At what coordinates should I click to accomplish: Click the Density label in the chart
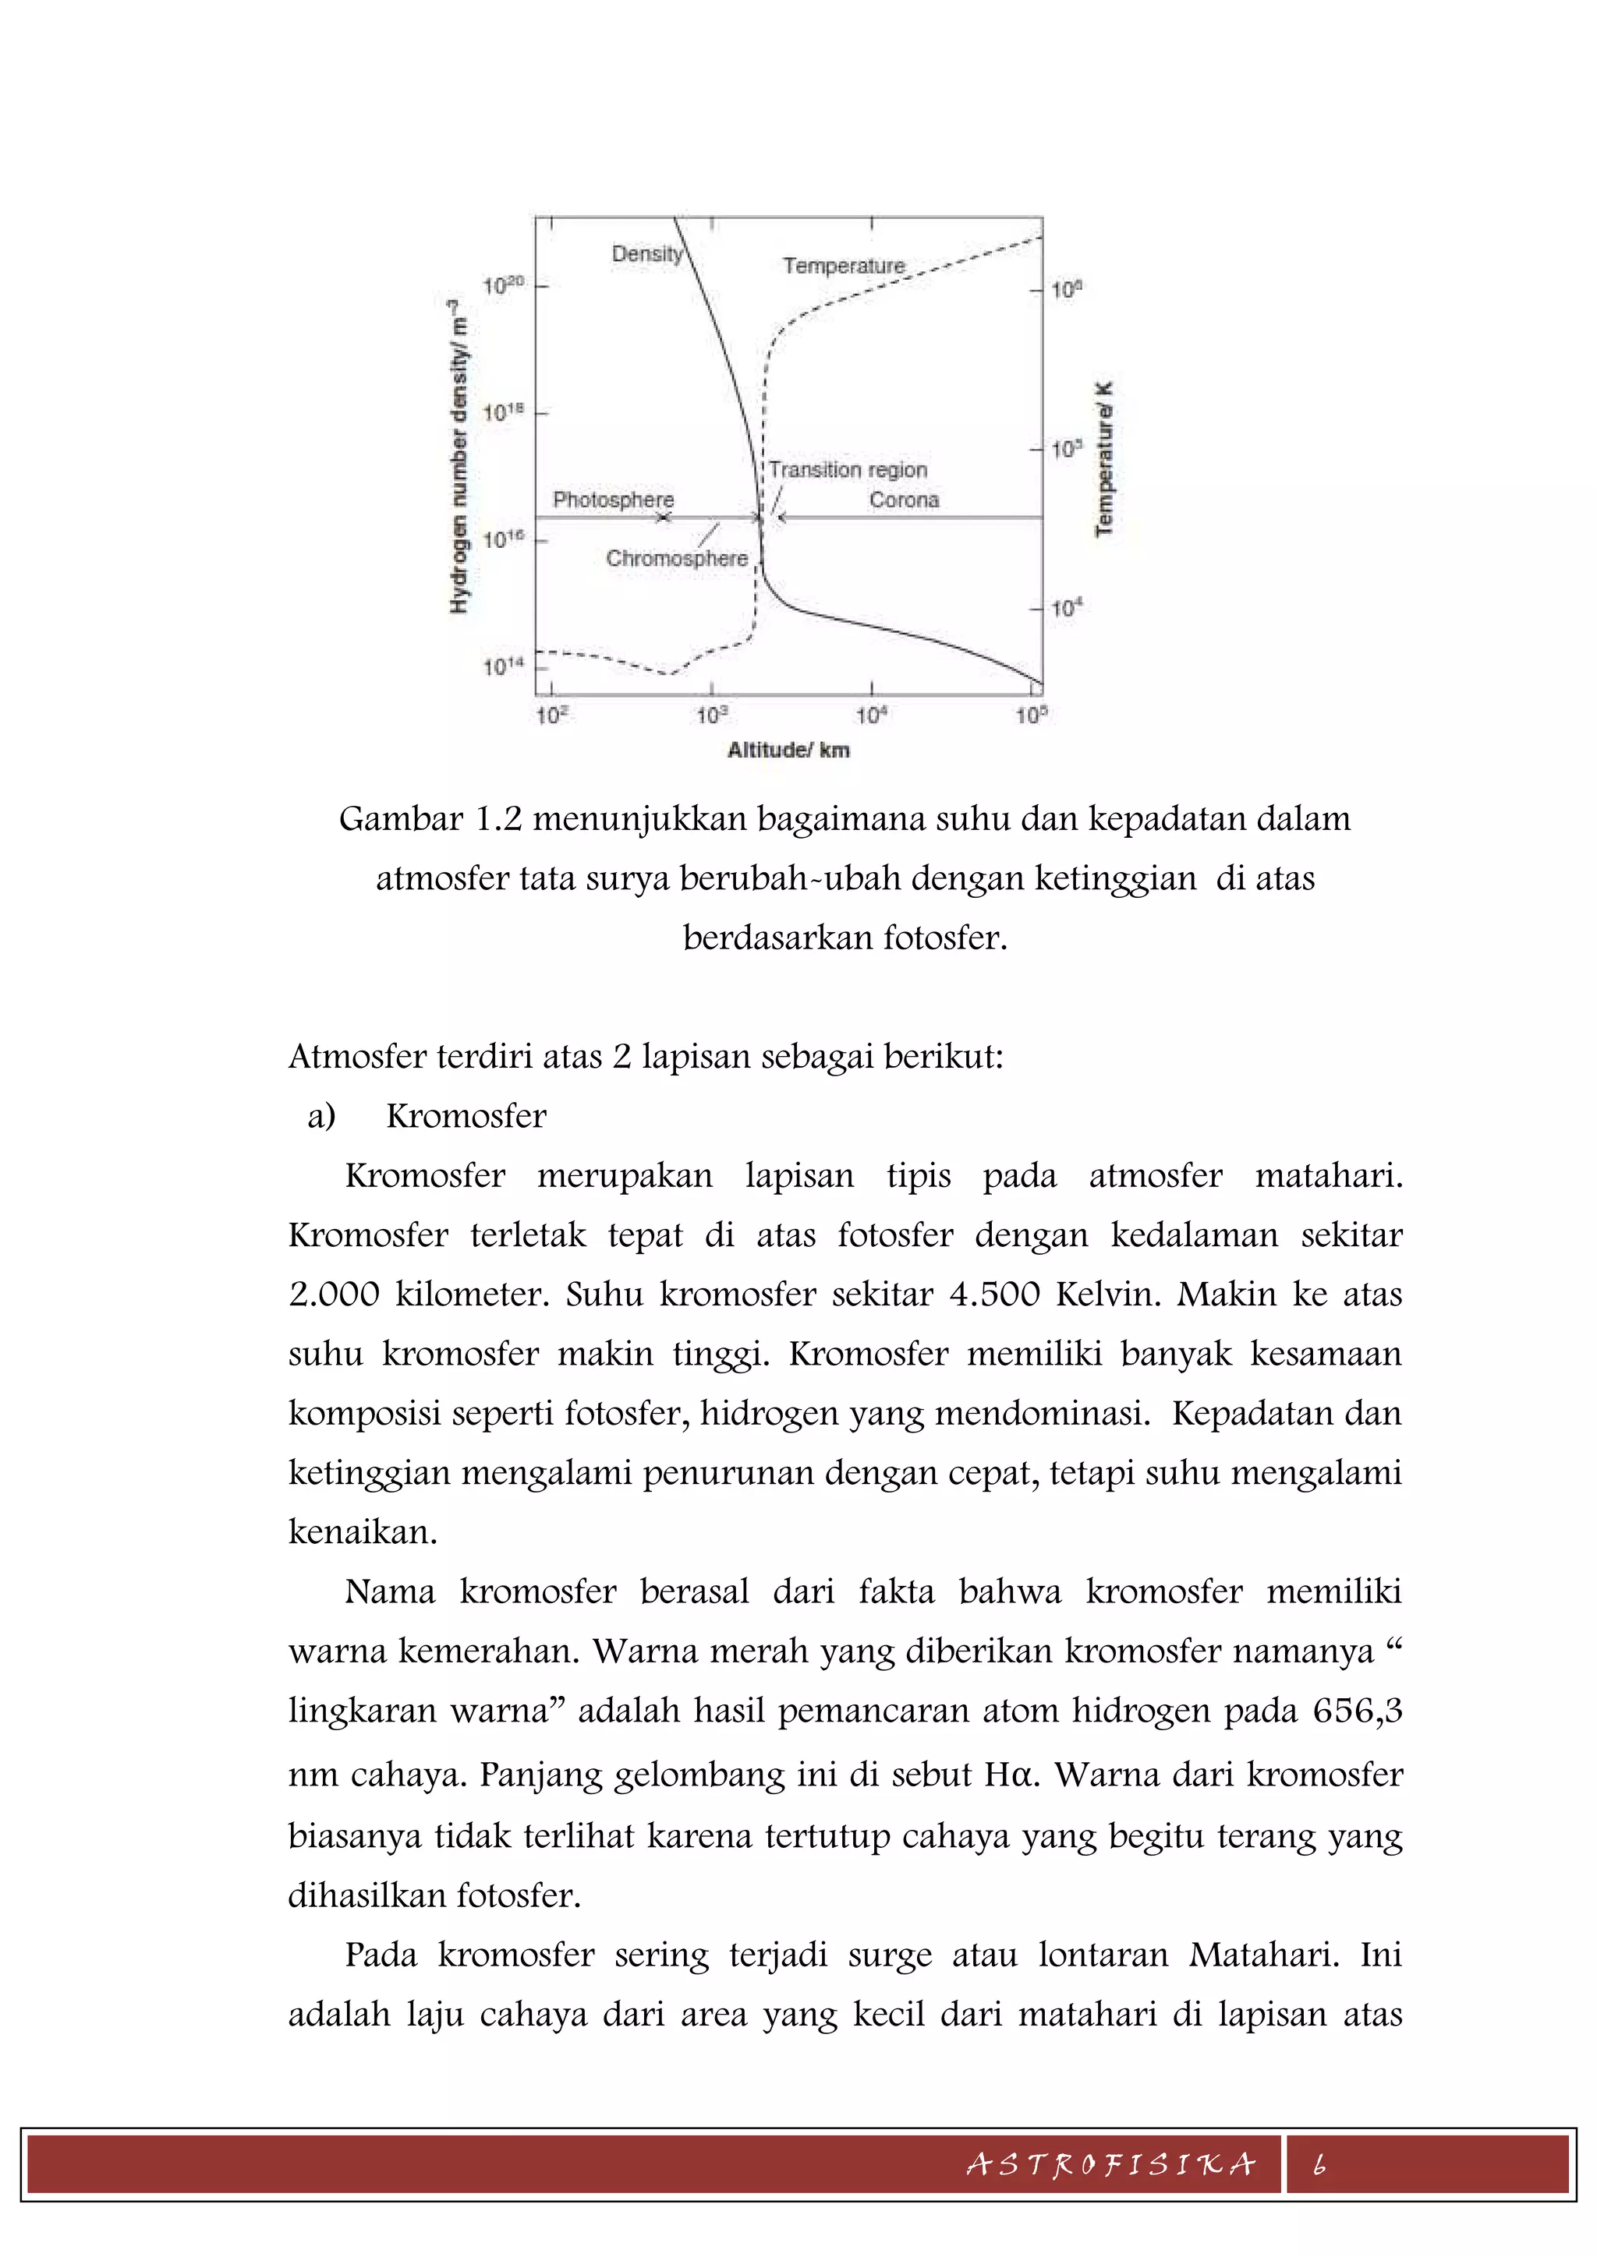(646, 253)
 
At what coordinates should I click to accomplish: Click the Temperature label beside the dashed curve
(843, 266)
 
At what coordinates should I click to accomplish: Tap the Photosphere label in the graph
(613, 500)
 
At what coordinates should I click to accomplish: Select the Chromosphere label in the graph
(677, 558)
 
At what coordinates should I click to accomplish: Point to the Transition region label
(848, 470)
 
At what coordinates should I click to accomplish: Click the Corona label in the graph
(904, 500)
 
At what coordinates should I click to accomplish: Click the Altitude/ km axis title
(788, 750)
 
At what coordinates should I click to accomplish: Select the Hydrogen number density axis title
(459, 457)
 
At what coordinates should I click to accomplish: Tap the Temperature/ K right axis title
(1104, 458)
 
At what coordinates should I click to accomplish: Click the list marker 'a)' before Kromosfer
(321, 1117)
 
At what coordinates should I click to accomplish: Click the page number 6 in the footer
(1319, 2163)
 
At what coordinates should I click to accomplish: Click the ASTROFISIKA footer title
(1111, 2163)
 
